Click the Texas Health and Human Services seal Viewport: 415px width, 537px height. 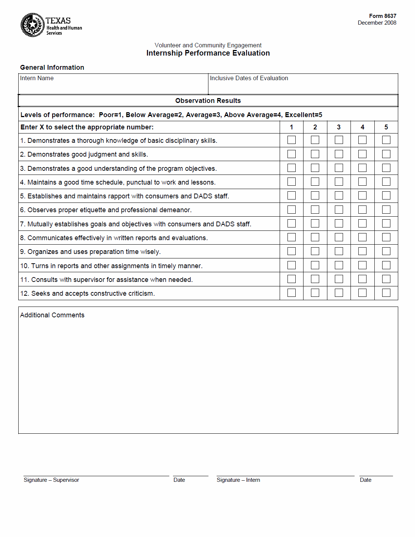(x=32, y=25)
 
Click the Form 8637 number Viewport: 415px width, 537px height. (x=383, y=16)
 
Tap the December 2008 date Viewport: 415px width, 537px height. (x=377, y=23)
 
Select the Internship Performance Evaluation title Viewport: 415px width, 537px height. (x=208, y=53)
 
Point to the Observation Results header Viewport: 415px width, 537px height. (x=208, y=101)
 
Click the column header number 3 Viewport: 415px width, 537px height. (x=339, y=127)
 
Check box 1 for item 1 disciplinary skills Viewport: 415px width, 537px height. (x=292, y=140)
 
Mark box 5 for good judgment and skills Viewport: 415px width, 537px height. (x=386, y=154)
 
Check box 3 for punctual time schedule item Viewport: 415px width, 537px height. (x=339, y=182)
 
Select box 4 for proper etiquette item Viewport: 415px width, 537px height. (x=362, y=210)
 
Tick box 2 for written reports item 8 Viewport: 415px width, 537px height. (x=315, y=237)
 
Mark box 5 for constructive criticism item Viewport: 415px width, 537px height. (x=386, y=293)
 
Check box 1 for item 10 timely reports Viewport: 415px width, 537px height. (x=292, y=265)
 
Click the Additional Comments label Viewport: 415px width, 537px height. (x=52, y=315)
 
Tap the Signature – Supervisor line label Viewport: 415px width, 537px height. (x=51, y=480)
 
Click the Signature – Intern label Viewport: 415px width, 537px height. (x=238, y=480)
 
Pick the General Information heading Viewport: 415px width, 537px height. (x=52, y=67)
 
